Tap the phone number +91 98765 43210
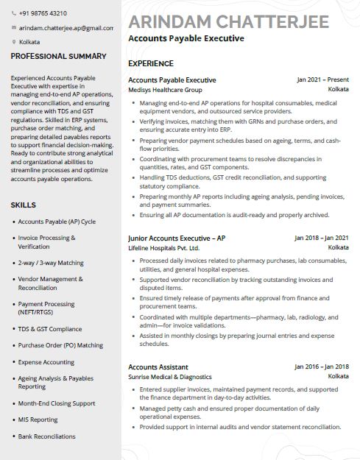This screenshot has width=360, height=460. coord(43,14)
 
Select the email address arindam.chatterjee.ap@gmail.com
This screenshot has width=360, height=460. coord(66,28)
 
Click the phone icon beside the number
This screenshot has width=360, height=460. coord(14,14)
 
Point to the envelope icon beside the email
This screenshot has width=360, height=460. coord(14,28)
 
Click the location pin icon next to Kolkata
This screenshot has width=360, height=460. coord(14,42)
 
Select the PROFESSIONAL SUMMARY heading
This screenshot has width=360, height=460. coord(58,56)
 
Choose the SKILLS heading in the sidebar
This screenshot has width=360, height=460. coord(24,205)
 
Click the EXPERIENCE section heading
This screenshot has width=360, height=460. coord(151,64)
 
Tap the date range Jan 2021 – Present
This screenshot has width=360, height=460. coord(322,79)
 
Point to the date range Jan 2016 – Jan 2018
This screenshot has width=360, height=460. coord(322,367)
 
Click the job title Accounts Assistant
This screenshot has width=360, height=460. coord(158,367)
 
